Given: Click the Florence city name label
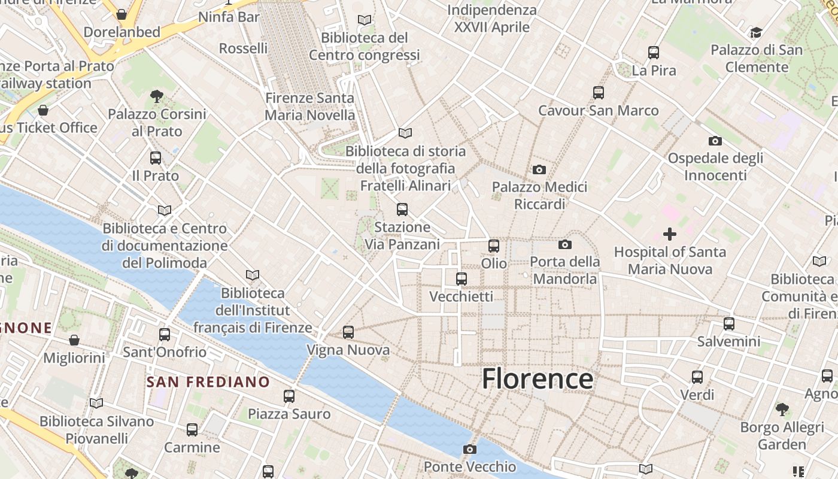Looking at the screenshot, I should coord(538,378).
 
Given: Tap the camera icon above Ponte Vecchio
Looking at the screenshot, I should coord(470,449).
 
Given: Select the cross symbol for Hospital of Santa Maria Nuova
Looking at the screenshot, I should coord(670,234).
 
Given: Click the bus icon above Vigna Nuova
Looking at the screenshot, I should coord(348,332).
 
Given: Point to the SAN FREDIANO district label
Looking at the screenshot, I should coord(208,381).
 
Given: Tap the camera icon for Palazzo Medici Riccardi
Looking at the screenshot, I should coord(539,170).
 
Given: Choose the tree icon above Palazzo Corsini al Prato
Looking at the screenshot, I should coord(157,95).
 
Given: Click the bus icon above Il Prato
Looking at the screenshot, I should coord(156,158).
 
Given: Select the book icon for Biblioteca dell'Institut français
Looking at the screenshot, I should coord(253,275).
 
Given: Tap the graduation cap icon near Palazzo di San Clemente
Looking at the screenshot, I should coord(757,32).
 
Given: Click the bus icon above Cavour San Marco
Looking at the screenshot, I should coord(599,93).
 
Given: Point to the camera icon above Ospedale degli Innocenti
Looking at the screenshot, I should coord(715,141).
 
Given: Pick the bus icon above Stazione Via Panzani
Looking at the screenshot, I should coord(402,210).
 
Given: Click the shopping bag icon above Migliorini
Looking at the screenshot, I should coord(74,340).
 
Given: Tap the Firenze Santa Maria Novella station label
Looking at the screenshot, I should coord(310,107).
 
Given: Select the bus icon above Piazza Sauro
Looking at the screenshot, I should coord(289,396).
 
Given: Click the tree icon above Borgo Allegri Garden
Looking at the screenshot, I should coord(782,410).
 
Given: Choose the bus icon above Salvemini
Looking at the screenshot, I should coord(728,324).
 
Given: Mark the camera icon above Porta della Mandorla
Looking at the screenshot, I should coord(564,244).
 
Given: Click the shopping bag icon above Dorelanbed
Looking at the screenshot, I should coord(122,14).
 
